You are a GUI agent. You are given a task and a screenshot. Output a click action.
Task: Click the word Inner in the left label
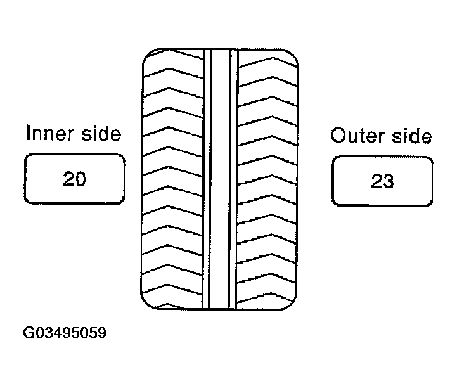(x=49, y=134)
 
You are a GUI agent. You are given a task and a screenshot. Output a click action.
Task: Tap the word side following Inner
(x=101, y=134)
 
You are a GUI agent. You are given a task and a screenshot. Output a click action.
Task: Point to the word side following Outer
(x=411, y=136)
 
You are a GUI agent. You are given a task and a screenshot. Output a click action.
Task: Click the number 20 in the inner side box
(x=74, y=179)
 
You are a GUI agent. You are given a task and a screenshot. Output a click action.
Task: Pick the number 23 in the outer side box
(x=382, y=181)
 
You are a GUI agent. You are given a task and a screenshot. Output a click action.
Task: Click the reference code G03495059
(x=65, y=333)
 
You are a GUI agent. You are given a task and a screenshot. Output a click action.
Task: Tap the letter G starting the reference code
(x=29, y=333)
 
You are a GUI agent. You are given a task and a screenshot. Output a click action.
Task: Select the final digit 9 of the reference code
(x=101, y=333)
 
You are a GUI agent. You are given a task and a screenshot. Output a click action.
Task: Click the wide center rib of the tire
(x=220, y=179)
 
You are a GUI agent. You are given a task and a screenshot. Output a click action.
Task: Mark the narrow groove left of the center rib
(x=207, y=179)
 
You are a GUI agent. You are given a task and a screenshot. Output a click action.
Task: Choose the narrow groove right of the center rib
(x=233, y=179)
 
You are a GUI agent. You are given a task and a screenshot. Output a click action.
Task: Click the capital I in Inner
(x=29, y=133)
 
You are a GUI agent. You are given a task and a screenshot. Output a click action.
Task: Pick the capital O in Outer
(x=339, y=136)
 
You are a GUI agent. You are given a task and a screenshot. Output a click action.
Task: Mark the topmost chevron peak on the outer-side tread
(x=273, y=58)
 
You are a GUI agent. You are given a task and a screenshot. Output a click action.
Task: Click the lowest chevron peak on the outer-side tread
(x=271, y=293)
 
